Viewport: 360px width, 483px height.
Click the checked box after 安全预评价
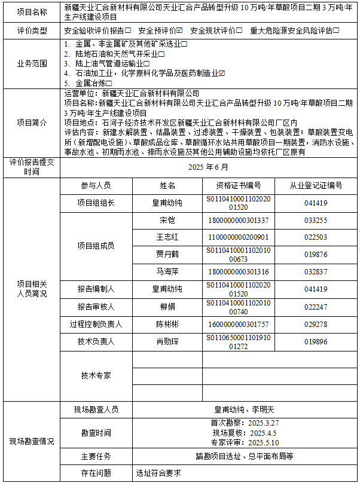pyautogui.click(x=179, y=30)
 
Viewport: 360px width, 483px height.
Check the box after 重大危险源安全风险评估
pyautogui.click(x=337, y=30)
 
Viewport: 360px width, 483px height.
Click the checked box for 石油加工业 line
pyautogui.click(x=222, y=73)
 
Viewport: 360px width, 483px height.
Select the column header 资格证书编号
pyautogui.click(x=238, y=185)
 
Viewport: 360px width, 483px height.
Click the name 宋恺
pyautogui.click(x=167, y=220)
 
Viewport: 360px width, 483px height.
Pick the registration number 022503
pyautogui.click(x=316, y=237)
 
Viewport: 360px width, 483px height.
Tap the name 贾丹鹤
pyautogui.click(x=167, y=254)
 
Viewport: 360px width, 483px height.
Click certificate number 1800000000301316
pyautogui.click(x=238, y=271)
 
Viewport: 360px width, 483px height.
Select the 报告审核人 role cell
pyautogui.click(x=96, y=307)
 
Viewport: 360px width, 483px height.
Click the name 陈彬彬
pyautogui.click(x=167, y=324)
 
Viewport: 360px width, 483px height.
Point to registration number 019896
pyautogui.click(x=316, y=341)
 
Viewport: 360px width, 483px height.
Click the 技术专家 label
pyautogui.click(x=96, y=375)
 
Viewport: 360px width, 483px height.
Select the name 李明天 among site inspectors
pyautogui.click(x=261, y=409)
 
